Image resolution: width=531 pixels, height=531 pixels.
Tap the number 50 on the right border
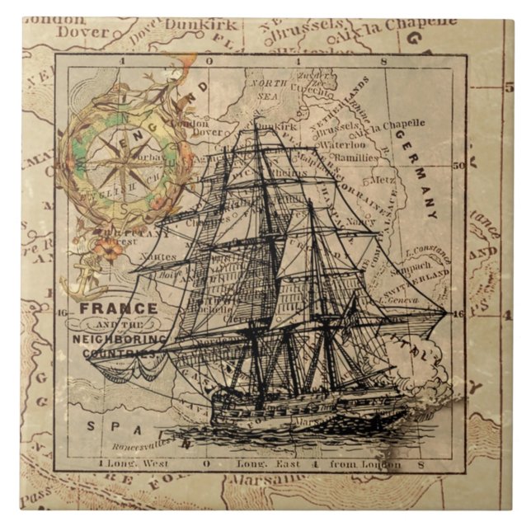tap(459, 165)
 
